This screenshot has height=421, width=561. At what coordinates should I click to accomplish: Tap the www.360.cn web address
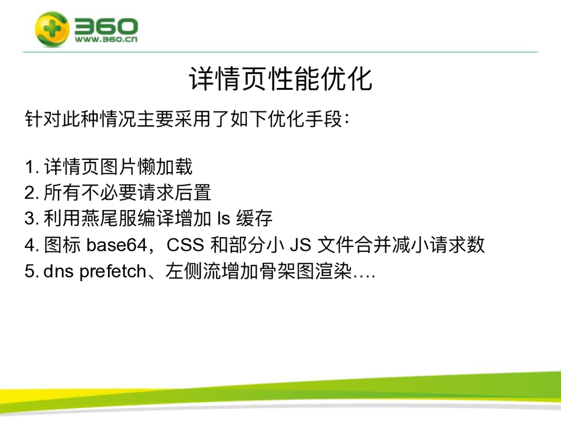pyautogui.click(x=106, y=39)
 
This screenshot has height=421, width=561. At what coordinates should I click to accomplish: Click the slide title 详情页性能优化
pyautogui.click(x=281, y=79)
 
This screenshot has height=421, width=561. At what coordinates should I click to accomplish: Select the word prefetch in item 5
pyautogui.click(x=113, y=272)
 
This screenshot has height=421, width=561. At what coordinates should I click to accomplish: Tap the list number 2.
pyautogui.click(x=30, y=192)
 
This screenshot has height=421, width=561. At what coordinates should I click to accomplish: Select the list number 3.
pyautogui.click(x=30, y=218)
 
